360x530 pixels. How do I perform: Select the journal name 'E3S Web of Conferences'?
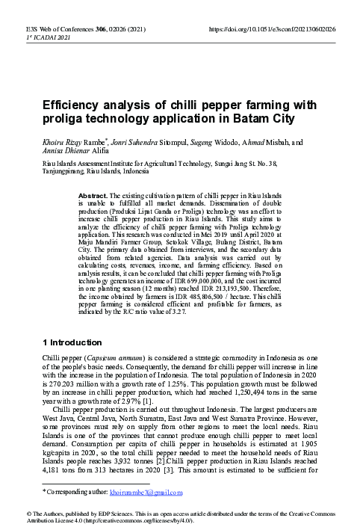point(52,27)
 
